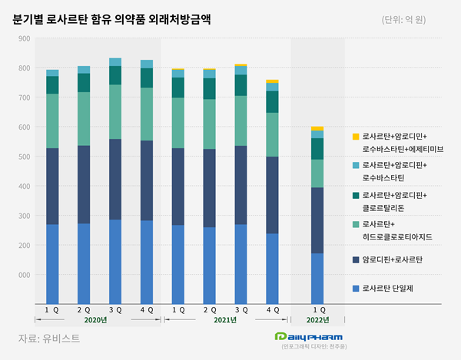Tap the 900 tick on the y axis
coord(23,38)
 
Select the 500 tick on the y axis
coord(23,157)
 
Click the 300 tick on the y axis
coord(23,216)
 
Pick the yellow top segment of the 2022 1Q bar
coord(317,128)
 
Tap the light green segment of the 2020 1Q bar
coord(52,121)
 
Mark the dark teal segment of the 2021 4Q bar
coord(272,101)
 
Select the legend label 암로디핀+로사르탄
coord(392,260)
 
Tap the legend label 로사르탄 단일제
coord(392,288)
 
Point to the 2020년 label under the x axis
coord(95,319)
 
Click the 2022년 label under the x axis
coord(317,319)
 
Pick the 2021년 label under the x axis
coord(224,319)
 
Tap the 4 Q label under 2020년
coord(147,309)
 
